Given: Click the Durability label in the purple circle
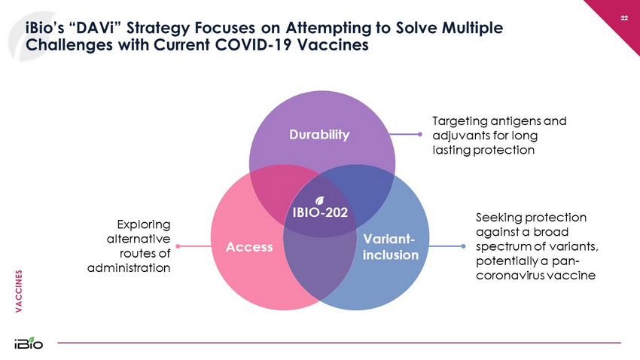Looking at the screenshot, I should pos(322,135).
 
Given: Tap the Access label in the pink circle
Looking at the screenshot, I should pos(248,247).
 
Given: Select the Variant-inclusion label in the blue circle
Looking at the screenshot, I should pos(389,247).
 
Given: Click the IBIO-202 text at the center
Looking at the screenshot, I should pos(320,212).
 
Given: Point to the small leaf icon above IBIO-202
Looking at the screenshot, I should pos(319,200).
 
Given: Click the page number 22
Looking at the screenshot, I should pos(624,17).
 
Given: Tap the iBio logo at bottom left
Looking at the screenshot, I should pos(28,343).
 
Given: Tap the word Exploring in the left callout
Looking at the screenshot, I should pos(145,224).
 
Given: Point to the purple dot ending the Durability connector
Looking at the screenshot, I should pos(419,136).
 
